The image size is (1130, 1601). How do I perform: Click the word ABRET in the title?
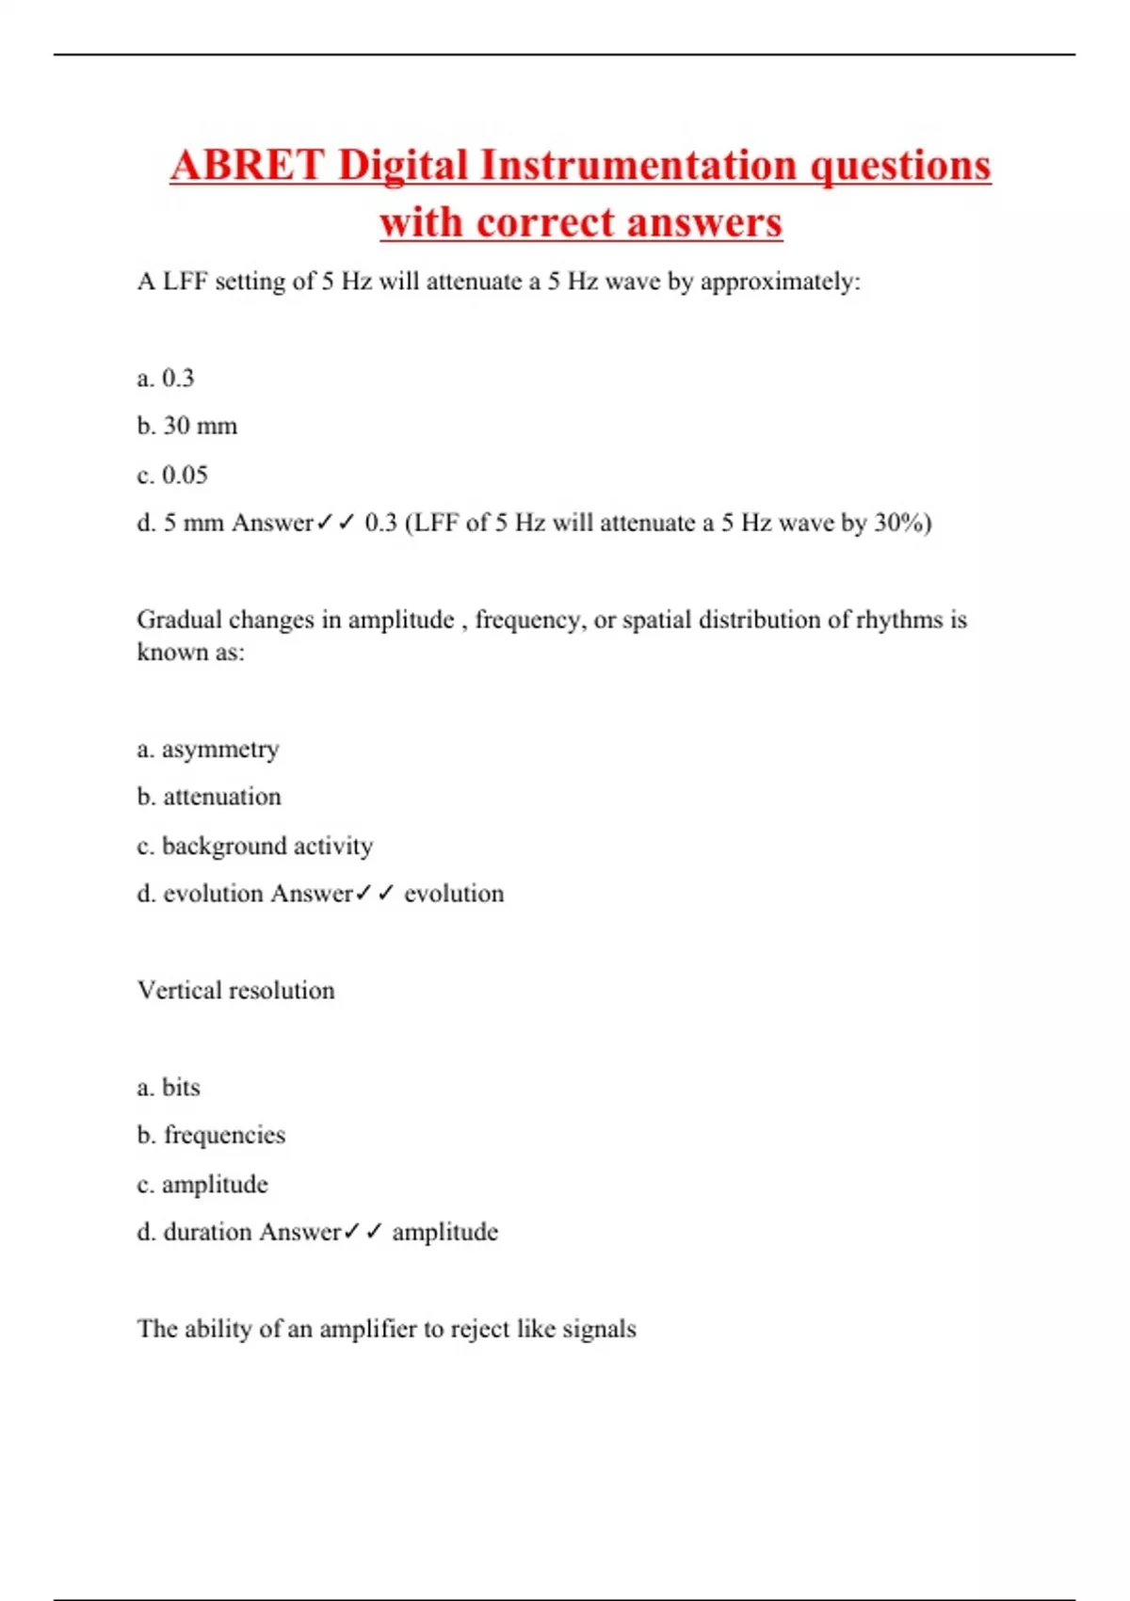pos(248,166)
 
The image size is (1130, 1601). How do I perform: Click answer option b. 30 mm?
pos(187,426)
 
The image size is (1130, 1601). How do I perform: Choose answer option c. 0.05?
pos(172,475)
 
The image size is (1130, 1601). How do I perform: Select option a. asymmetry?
pos(208,750)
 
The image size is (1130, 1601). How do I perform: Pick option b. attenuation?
pos(209,797)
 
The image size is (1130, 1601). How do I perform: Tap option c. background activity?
pos(255,846)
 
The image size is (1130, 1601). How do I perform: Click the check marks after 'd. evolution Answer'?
pos(375,893)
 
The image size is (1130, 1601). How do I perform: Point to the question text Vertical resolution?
pos(236,990)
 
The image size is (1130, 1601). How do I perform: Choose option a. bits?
pos(169,1087)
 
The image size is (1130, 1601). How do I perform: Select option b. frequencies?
pos(211,1135)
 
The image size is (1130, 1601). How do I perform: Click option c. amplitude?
pos(202,1184)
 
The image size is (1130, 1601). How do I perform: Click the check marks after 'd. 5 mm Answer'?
pos(334,523)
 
